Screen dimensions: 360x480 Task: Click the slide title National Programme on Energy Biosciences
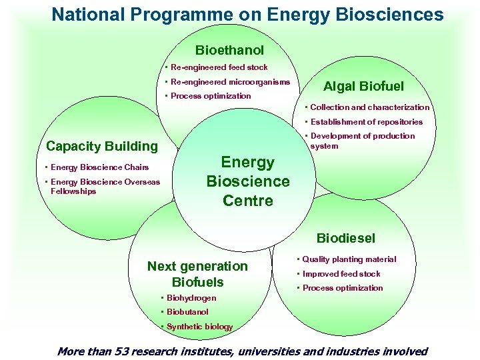pyautogui.click(x=247, y=15)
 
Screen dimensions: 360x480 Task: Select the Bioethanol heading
pyautogui.click(x=229, y=50)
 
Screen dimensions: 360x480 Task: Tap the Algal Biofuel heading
pyautogui.click(x=363, y=86)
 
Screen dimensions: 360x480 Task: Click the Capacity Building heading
pyautogui.click(x=102, y=146)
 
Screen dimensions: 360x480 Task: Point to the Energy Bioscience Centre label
pyautogui.click(x=247, y=181)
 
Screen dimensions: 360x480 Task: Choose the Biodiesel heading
pyautogui.click(x=345, y=238)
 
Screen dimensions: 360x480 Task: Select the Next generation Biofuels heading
pyautogui.click(x=197, y=274)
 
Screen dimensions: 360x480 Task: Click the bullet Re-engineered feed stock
pyautogui.click(x=219, y=67)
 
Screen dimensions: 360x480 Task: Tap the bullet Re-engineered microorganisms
pyautogui.click(x=230, y=82)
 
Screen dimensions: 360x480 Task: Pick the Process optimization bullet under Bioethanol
pyautogui.click(x=211, y=96)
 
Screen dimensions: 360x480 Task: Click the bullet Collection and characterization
pyautogui.click(x=369, y=107)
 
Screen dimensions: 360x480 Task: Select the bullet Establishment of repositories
pyautogui.click(x=366, y=122)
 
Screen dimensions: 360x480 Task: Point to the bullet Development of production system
pyautogui.click(x=362, y=141)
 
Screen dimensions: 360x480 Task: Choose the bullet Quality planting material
pyautogui.click(x=349, y=259)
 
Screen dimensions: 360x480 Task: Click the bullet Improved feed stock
pyautogui.click(x=341, y=274)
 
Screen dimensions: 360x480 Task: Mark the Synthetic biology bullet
pyautogui.click(x=199, y=327)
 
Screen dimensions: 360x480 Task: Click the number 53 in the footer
pyautogui.click(x=120, y=351)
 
